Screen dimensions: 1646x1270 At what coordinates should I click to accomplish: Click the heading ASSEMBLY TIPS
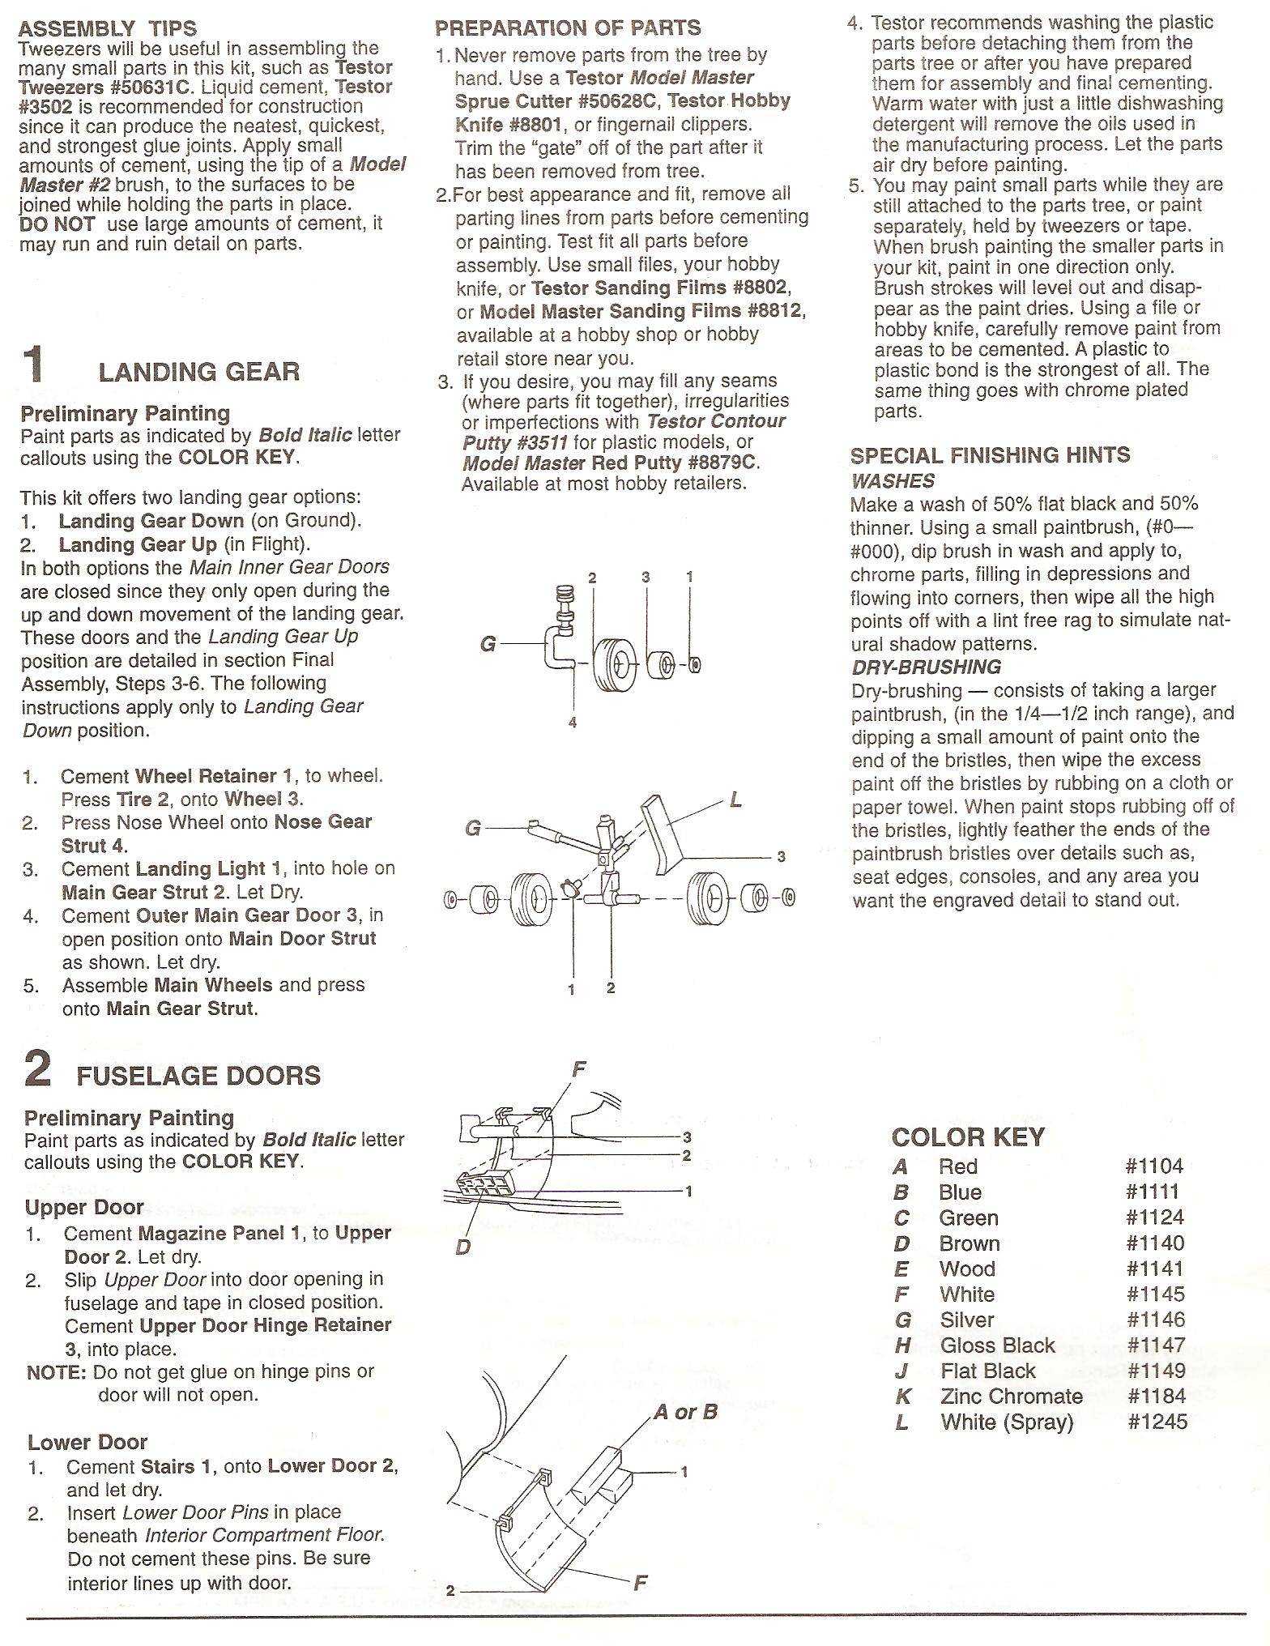click(107, 29)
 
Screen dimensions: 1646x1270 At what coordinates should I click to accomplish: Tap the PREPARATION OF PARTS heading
click(568, 28)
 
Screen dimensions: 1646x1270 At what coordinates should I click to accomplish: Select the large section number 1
click(33, 364)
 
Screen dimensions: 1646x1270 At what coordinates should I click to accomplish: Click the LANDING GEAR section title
click(198, 372)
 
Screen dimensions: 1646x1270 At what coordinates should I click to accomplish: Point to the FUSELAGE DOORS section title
click(198, 1076)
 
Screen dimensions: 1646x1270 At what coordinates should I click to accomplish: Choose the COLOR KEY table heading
click(968, 1137)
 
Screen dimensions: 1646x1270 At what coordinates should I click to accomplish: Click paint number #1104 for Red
click(1154, 1166)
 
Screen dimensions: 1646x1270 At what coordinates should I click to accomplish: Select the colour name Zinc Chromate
click(1011, 1396)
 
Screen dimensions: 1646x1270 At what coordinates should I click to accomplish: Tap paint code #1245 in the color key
click(1157, 1422)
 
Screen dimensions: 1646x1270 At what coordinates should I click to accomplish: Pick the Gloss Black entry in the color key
click(997, 1345)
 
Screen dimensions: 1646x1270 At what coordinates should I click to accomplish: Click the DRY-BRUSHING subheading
click(926, 667)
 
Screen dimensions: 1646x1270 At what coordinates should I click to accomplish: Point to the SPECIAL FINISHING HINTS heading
click(990, 455)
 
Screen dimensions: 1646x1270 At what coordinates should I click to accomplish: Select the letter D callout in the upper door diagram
click(462, 1247)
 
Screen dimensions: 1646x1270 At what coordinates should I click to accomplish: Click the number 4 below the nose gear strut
click(573, 723)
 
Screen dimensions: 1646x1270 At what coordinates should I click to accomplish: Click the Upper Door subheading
click(84, 1208)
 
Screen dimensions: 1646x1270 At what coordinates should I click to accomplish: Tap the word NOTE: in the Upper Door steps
click(56, 1371)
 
